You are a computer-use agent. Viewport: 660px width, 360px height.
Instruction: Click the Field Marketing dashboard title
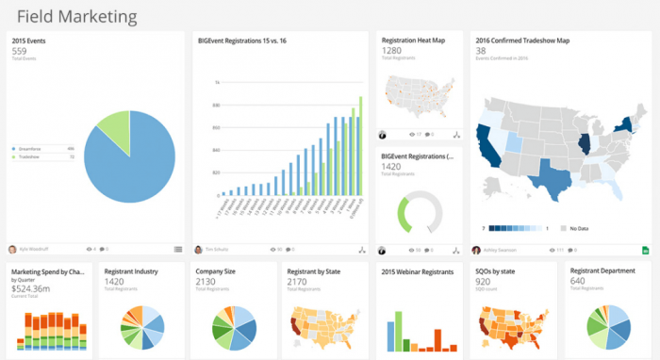pyautogui.click(x=76, y=16)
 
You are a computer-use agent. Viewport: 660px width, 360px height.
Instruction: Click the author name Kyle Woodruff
pyautogui.click(x=36, y=250)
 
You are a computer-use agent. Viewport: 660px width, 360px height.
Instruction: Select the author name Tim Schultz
pyautogui.click(x=219, y=250)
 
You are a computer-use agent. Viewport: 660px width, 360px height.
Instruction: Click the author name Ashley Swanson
pyautogui.click(x=502, y=250)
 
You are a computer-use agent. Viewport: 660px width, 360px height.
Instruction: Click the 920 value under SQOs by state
pyautogui.click(x=483, y=281)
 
